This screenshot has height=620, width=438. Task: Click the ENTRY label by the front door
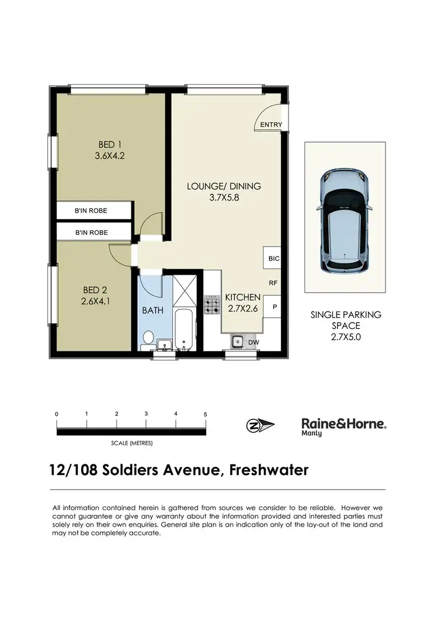coord(271,124)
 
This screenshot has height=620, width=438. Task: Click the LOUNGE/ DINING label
coord(224,186)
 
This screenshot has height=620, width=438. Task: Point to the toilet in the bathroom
coord(149,338)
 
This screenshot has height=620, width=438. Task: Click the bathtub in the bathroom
coord(185,330)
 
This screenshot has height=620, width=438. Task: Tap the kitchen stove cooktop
coord(211,304)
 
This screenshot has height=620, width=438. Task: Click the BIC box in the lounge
coord(273,258)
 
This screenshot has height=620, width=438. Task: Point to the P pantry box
coord(273,306)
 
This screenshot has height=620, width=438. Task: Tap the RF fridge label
coord(273,282)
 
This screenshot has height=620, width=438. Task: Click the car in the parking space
coord(344,221)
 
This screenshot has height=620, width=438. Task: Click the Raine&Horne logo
coord(343,426)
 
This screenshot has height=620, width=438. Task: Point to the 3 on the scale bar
coord(146,414)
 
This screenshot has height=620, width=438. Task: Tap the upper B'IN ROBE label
coord(91,210)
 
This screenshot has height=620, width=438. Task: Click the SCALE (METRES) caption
coord(131,443)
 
